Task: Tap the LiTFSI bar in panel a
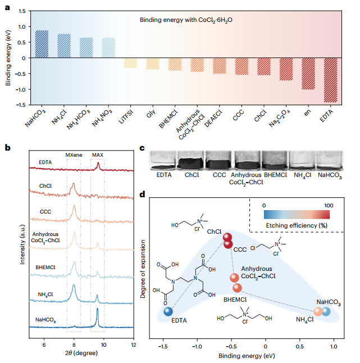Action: (131, 63)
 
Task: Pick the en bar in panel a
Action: (308, 74)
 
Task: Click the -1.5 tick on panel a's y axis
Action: (21, 105)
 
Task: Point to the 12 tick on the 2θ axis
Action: (134, 344)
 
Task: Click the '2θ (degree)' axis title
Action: (81, 355)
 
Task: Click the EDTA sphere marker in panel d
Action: (168, 312)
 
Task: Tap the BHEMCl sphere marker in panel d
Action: (237, 288)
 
